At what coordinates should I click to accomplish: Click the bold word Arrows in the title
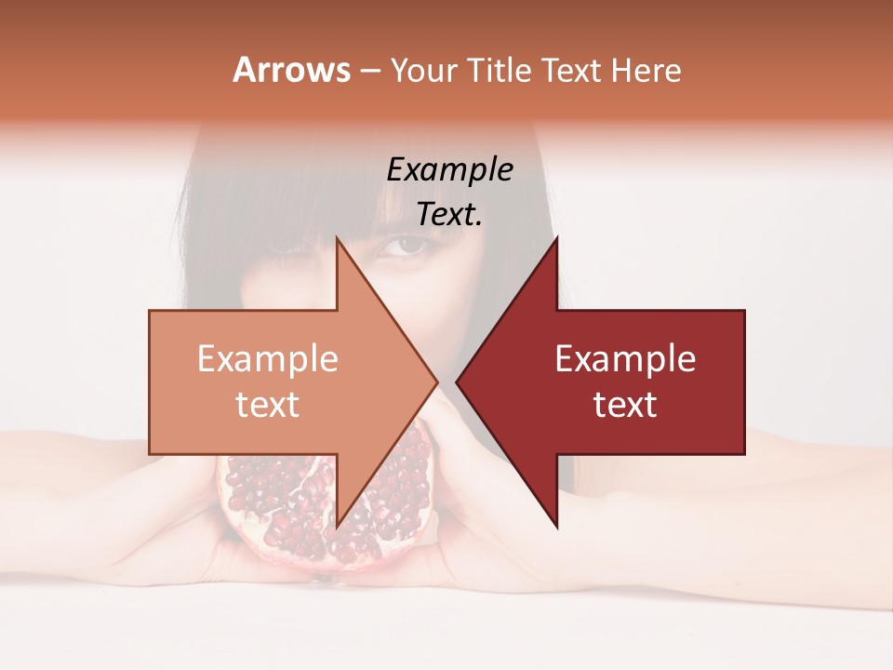point(291,70)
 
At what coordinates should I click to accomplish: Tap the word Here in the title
point(646,71)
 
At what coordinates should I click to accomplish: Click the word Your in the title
point(421,71)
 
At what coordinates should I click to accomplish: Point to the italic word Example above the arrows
point(449,169)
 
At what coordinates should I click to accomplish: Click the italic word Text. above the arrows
point(449,215)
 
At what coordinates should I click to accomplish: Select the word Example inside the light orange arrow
point(268,359)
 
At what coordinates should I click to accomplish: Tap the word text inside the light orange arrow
point(268,404)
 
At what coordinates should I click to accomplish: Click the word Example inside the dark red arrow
point(625,359)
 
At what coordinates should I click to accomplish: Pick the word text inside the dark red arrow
point(625,404)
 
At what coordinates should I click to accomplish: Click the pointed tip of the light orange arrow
point(435,382)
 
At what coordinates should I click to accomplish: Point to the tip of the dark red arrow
point(459,382)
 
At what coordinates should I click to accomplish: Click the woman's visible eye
point(402,246)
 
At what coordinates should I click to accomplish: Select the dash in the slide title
point(368,71)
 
